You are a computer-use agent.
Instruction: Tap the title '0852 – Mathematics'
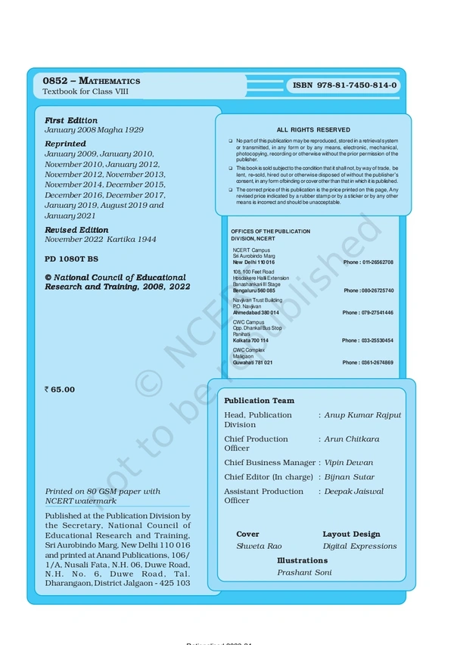91,80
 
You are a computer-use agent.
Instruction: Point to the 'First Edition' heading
71,120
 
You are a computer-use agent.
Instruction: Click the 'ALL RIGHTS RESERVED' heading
313,130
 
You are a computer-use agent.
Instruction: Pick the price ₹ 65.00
60,389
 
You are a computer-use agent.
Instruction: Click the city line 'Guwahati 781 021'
253,362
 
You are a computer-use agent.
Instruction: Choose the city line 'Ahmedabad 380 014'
256,312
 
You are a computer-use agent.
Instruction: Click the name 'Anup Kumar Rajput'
363,415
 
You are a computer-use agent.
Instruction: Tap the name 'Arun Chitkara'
352,439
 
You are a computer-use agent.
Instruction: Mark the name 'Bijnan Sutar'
349,477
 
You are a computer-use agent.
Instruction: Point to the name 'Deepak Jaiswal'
354,492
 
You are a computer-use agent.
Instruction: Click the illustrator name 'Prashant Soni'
304,573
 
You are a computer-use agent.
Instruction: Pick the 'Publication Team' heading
259,401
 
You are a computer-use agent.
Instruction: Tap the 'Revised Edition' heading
76,230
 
